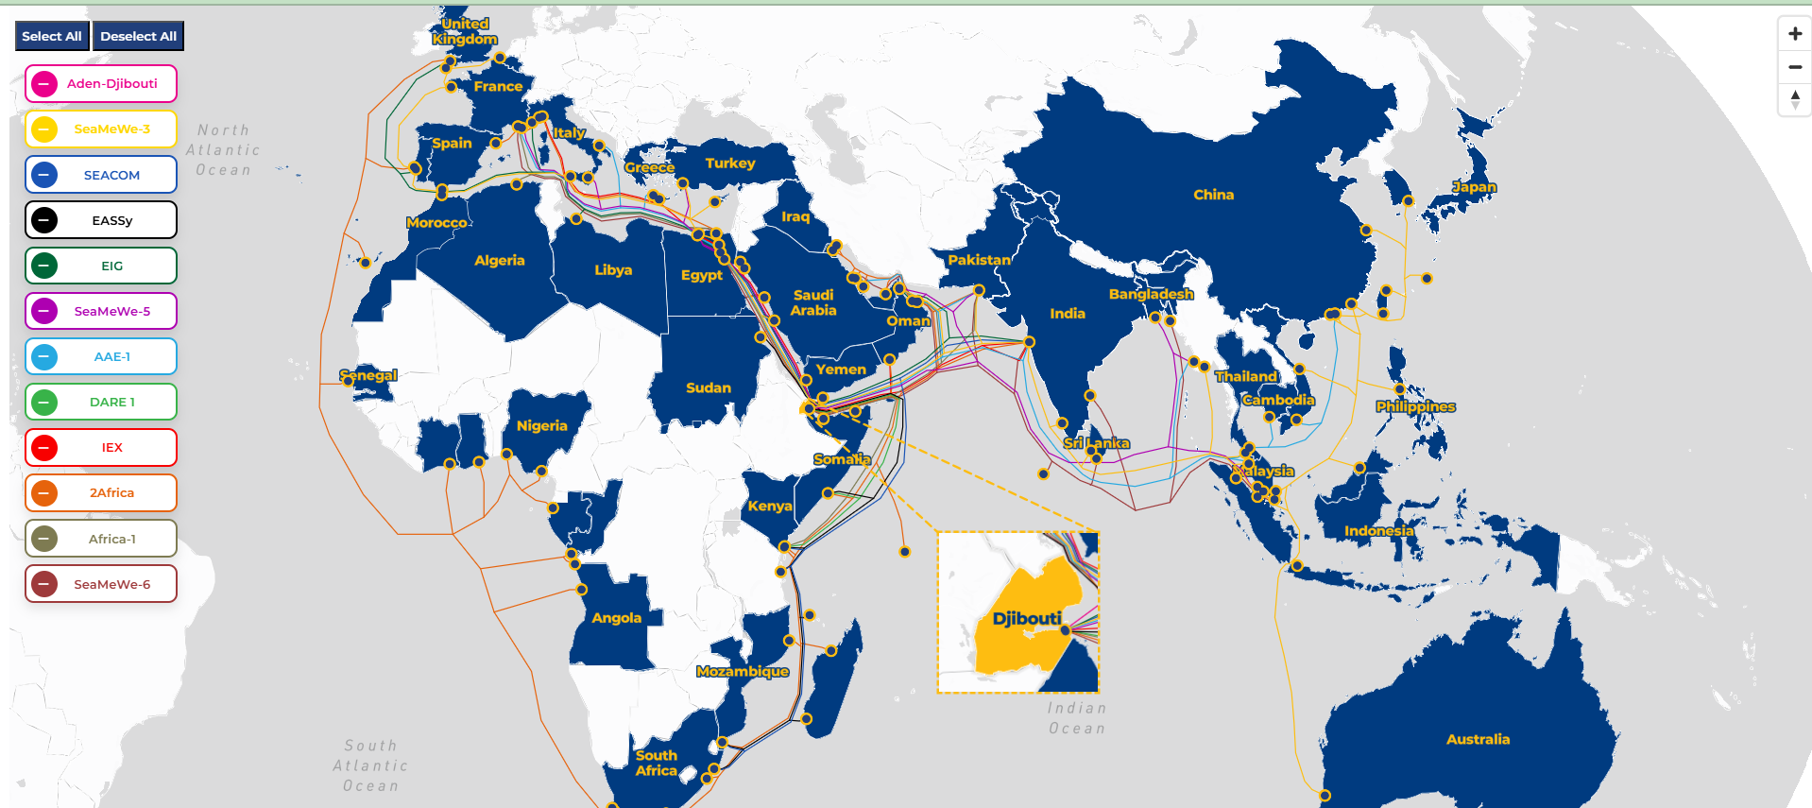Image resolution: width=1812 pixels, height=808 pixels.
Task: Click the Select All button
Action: click(x=52, y=36)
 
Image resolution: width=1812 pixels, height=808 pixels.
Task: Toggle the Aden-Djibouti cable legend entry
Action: click(x=101, y=83)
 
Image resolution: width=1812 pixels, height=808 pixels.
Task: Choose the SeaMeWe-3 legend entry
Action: click(x=101, y=129)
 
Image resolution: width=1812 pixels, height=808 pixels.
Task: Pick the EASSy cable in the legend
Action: click(x=101, y=220)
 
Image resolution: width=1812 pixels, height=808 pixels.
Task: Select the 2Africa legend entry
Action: click(x=101, y=492)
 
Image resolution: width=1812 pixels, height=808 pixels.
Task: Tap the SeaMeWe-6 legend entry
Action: click(x=101, y=584)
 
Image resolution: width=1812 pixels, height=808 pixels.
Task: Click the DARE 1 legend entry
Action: click(x=101, y=402)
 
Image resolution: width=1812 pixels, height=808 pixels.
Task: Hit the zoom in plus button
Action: click(x=1794, y=34)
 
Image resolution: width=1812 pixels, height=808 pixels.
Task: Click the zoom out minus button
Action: click(x=1794, y=67)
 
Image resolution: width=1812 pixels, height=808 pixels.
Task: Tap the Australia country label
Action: click(x=1478, y=739)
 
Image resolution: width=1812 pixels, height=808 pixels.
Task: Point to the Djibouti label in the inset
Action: click(x=1027, y=619)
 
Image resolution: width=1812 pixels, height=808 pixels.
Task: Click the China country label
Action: click(x=1213, y=195)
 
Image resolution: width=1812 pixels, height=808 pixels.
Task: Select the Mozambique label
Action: click(x=742, y=672)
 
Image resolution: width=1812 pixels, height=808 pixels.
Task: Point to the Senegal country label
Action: click(x=368, y=375)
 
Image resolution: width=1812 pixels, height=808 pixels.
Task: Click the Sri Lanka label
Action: click(x=1096, y=443)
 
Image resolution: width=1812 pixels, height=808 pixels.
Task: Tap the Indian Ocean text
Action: click(x=1076, y=718)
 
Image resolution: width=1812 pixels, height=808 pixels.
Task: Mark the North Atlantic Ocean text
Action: click(x=223, y=150)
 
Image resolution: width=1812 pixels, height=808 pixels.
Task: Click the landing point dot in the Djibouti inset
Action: click(x=1065, y=630)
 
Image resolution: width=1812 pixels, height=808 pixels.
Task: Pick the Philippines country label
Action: click(x=1415, y=406)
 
